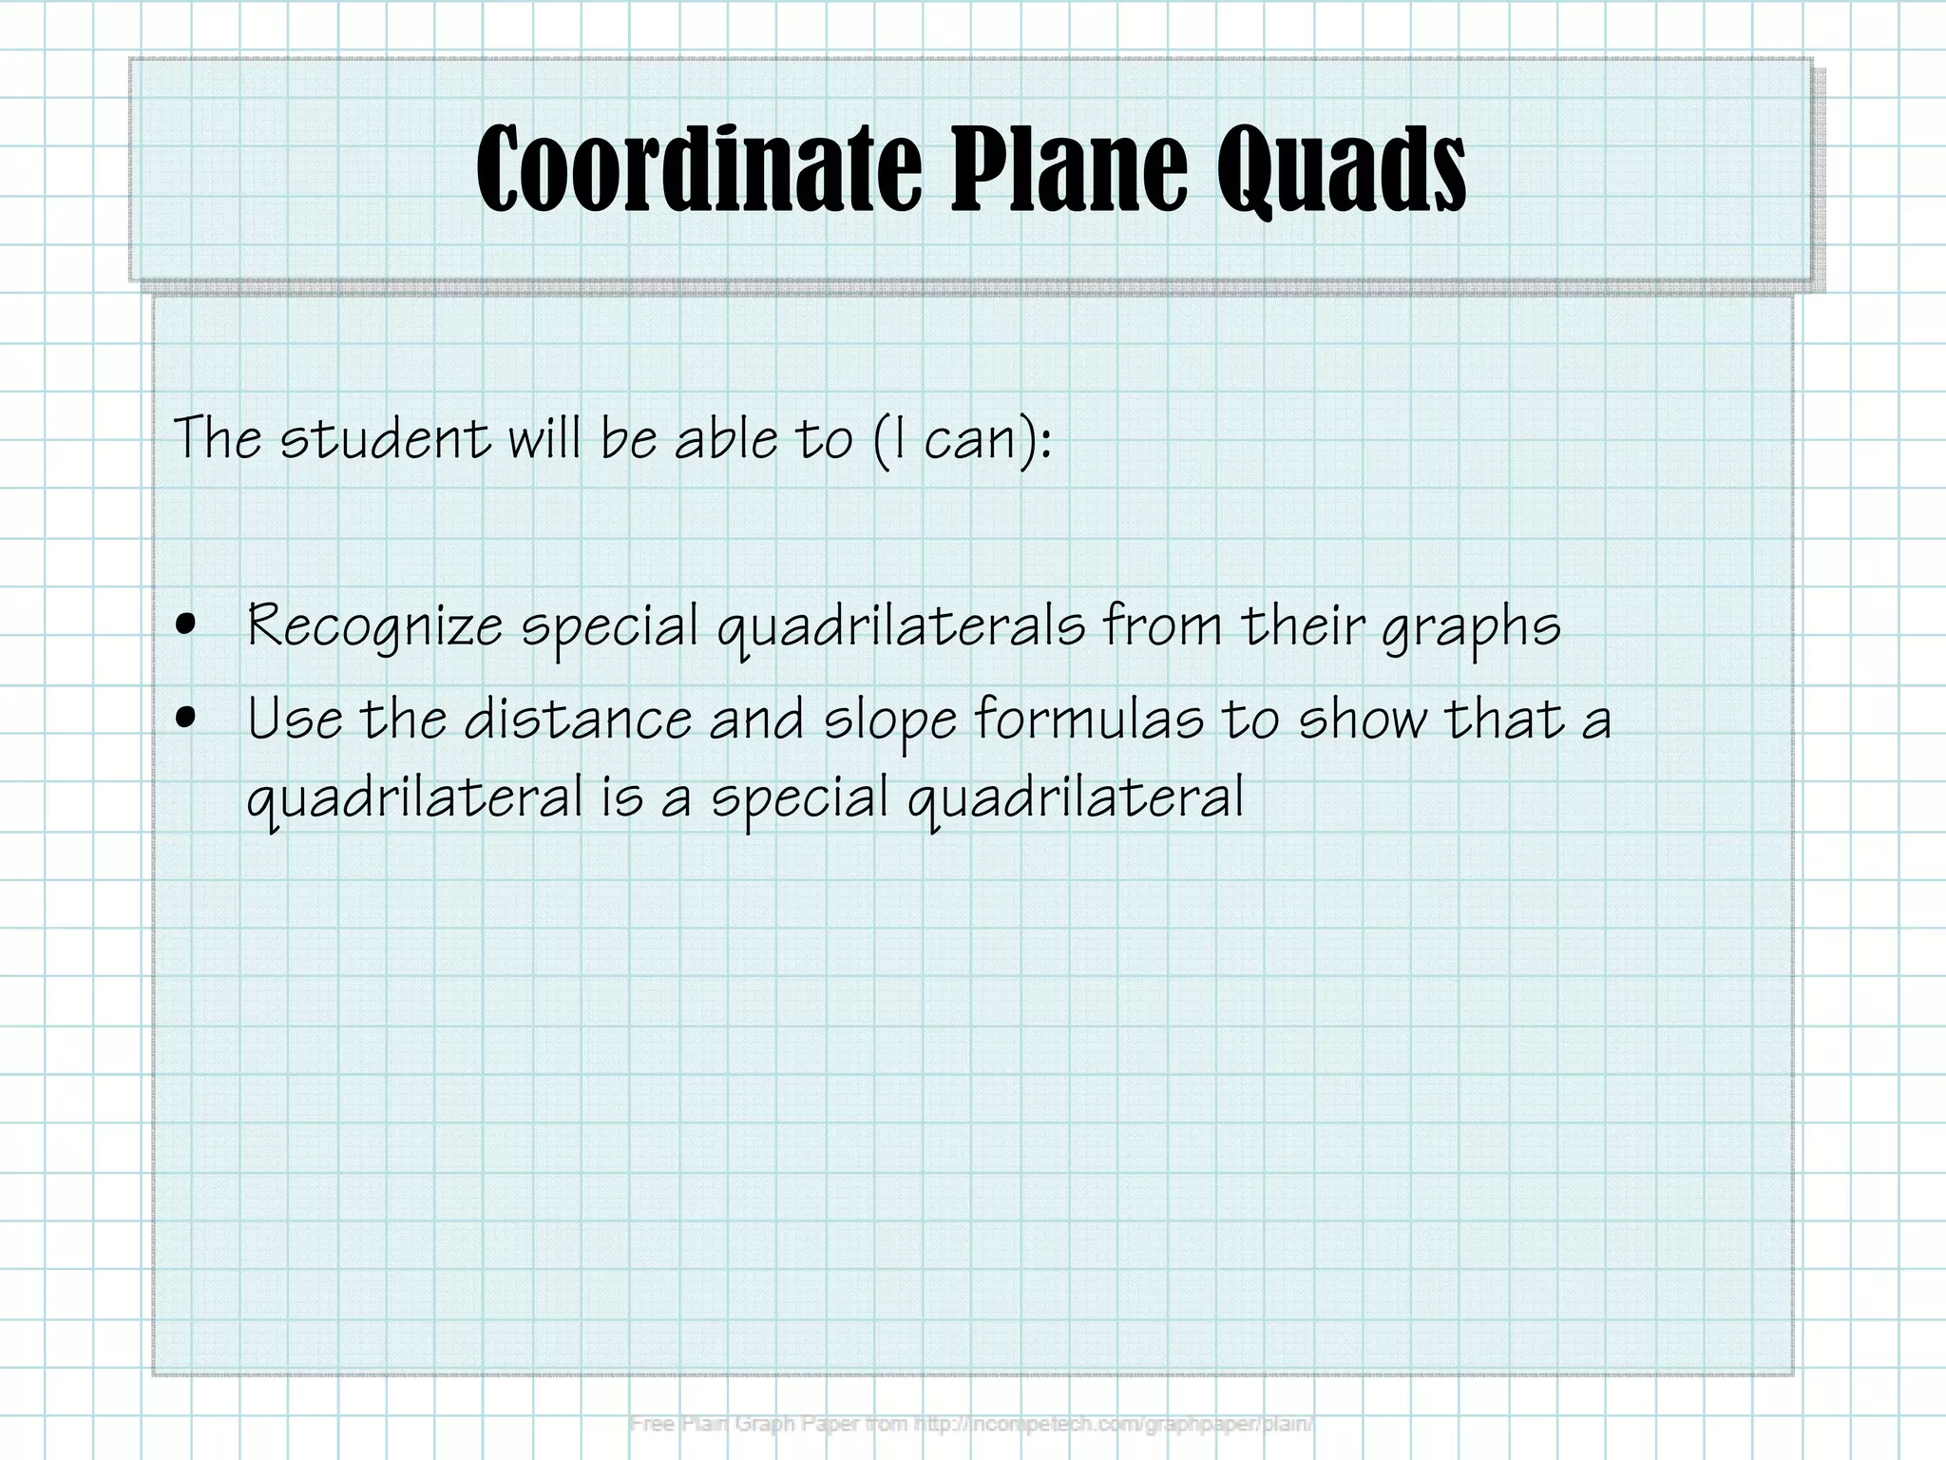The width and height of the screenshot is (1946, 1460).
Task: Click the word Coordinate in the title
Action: click(x=698, y=169)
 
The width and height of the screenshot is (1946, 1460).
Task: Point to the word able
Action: click(x=726, y=439)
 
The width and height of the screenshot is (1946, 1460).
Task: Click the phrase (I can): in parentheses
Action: click(x=962, y=441)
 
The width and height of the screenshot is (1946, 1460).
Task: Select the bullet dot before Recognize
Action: click(x=187, y=625)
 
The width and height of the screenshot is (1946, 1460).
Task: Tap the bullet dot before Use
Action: click(x=187, y=719)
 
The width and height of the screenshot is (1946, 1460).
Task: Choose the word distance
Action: click(x=578, y=719)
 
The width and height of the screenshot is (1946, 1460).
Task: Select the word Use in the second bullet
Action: click(x=295, y=719)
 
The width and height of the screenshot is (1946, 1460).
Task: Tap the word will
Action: click(x=544, y=439)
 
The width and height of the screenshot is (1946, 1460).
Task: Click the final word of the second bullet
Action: click(x=1076, y=798)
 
